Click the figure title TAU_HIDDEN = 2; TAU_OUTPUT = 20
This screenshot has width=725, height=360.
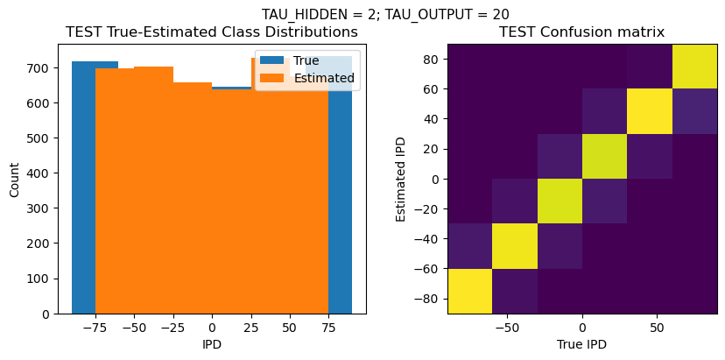pyautogui.click(x=385, y=14)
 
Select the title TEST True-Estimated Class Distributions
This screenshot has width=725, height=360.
pyautogui.click(x=212, y=32)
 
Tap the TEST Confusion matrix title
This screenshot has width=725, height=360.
pyautogui.click(x=581, y=32)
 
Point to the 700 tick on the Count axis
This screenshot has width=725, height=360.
pyautogui.click(x=41, y=67)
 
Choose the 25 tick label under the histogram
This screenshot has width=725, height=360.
pyautogui.click(x=250, y=328)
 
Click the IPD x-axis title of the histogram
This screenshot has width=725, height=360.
pyautogui.click(x=212, y=344)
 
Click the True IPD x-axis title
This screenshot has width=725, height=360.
pyautogui.click(x=581, y=344)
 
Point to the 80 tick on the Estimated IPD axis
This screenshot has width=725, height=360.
pyautogui.click(x=431, y=59)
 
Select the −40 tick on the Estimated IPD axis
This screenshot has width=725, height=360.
pyautogui.click(x=427, y=239)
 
